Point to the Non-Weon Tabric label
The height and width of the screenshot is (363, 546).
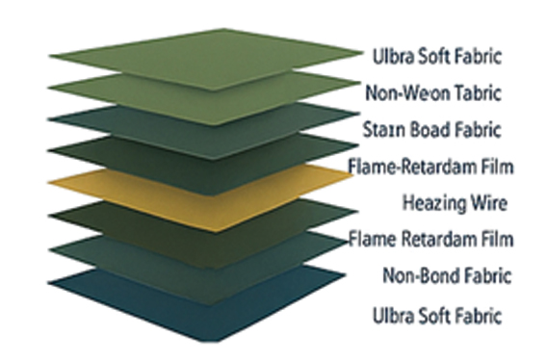point(433,93)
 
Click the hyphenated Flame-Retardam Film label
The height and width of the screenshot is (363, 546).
point(431,167)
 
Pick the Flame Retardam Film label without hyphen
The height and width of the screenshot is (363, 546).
point(430,238)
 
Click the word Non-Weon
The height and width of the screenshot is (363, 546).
point(405,93)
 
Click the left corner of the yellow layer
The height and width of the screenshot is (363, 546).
point(47,184)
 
